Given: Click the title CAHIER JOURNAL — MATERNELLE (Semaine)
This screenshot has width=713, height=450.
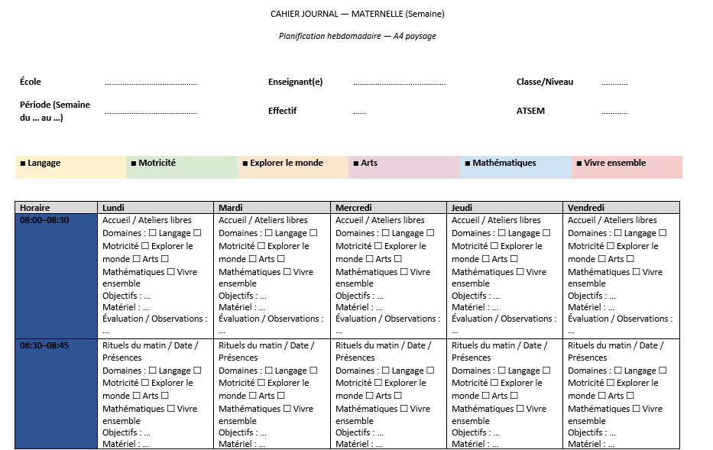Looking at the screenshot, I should (x=357, y=14).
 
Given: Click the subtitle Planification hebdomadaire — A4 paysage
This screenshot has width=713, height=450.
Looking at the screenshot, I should (x=357, y=36).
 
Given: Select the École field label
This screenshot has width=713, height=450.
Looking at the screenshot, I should (x=31, y=82).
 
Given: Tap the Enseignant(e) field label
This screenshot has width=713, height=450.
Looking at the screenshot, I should (x=295, y=82).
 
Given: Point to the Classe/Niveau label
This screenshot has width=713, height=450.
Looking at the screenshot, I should (x=544, y=82).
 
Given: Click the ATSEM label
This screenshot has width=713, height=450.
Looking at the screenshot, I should (x=530, y=111).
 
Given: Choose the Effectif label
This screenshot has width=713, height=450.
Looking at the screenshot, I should (x=282, y=111).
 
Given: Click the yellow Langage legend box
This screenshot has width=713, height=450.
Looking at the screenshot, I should (x=70, y=167).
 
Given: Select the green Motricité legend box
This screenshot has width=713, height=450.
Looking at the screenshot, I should (x=182, y=167).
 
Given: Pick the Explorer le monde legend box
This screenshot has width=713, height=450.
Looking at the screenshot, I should (x=293, y=167).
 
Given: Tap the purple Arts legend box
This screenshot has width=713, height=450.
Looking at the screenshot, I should (x=404, y=167).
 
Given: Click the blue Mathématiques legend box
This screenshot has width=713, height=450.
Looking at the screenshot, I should (x=516, y=167).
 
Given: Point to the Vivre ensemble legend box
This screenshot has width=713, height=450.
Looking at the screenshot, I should (x=627, y=167).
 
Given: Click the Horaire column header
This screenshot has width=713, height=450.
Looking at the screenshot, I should (x=57, y=207).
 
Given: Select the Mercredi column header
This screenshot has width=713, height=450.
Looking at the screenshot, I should (x=388, y=207).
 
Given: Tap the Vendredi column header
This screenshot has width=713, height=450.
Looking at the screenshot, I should (x=621, y=207).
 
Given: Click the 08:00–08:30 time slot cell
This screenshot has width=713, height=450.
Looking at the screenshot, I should (x=57, y=276).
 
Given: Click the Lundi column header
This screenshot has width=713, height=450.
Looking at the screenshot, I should (x=156, y=207).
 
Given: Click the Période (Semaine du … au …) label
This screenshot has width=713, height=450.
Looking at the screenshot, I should (x=55, y=111).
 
